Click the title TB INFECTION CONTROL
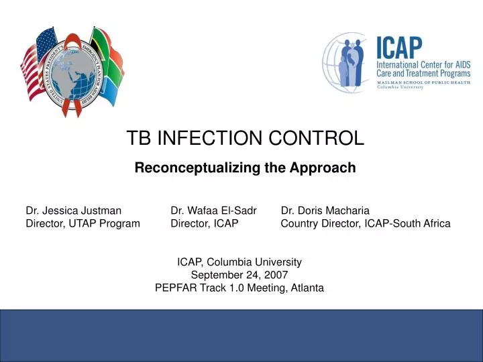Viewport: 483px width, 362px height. [245, 138]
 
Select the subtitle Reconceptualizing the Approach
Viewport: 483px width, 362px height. [245, 168]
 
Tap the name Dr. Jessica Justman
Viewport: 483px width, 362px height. [73, 210]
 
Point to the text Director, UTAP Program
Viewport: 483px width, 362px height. [83, 223]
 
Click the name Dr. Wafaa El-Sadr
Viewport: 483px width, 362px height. [213, 210]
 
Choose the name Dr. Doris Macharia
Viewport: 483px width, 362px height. [325, 210]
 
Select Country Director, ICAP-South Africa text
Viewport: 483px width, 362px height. [365, 223]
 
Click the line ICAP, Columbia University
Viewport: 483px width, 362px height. [239, 262]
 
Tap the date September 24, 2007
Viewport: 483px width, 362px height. [239, 275]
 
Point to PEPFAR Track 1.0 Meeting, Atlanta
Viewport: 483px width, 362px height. [239, 288]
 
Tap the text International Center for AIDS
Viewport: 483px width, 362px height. [423, 64]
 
